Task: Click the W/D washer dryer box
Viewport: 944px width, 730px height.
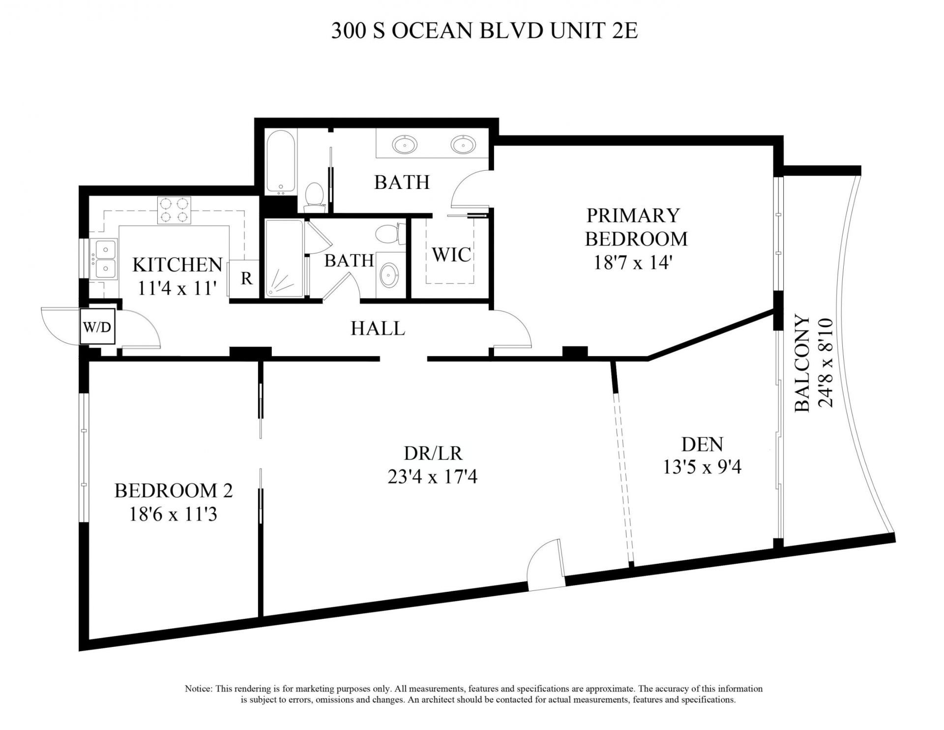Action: click(97, 326)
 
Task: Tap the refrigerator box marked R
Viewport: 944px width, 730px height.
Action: click(246, 278)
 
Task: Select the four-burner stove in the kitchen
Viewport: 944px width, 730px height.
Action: click(174, 210)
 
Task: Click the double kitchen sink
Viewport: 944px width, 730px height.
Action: click(106, 259)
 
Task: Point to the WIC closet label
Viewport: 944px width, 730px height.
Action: click(451, 254)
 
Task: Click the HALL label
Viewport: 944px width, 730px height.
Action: click(378, 328)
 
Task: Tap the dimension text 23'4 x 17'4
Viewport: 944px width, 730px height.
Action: click(432, 477)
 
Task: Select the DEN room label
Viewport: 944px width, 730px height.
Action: click(702, 444)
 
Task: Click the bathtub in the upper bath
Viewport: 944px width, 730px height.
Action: click(281, 162)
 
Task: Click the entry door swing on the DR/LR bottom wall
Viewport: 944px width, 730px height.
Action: click(545, 571)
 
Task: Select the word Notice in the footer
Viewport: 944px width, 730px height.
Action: click(198, 689)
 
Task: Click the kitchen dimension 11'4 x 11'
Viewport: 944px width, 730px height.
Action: click(177, 288)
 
